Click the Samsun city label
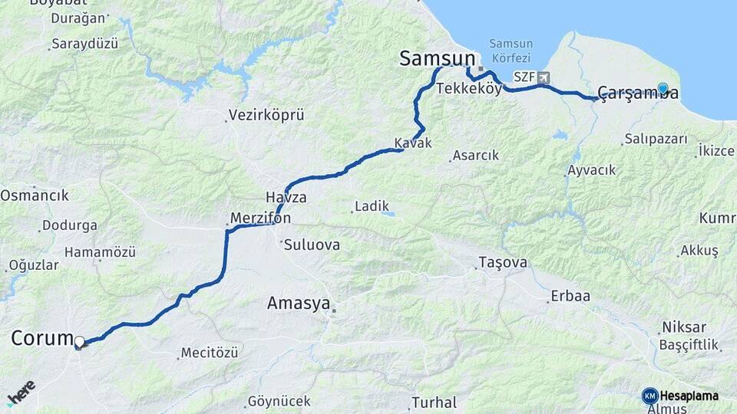(435, 58)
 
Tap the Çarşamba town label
(638, 94)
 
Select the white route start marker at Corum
(79, 341)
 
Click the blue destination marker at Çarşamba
(663, 89)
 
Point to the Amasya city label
(298, 303)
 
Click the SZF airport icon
(544, 77)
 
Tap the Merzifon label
(260, 218)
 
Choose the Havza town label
(286, 197)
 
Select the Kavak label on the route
(413, 143)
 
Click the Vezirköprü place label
(266, 116)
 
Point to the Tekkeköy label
(468, 89)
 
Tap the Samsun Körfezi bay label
(510, 51)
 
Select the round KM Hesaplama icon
(649, 396)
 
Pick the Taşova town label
(503, 262)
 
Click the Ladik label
(372, 206)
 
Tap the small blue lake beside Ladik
(389, 213)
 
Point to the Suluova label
(311, 245)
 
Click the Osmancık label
(34, 195)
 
